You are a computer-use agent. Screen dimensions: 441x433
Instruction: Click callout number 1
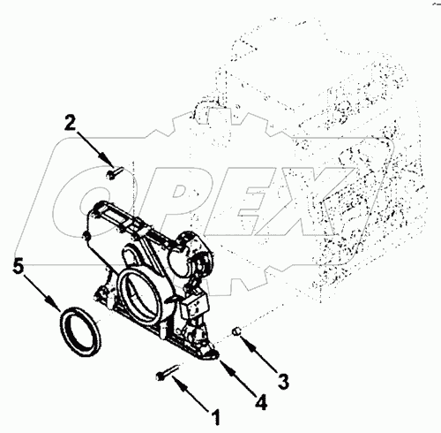click(216, 417)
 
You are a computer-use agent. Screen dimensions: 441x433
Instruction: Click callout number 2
click(70, 124)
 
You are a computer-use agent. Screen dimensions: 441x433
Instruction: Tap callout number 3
click(283, 382)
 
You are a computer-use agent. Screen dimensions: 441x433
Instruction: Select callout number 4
click(261, 402)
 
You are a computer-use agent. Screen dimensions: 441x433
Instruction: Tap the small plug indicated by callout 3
click(236, 331)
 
